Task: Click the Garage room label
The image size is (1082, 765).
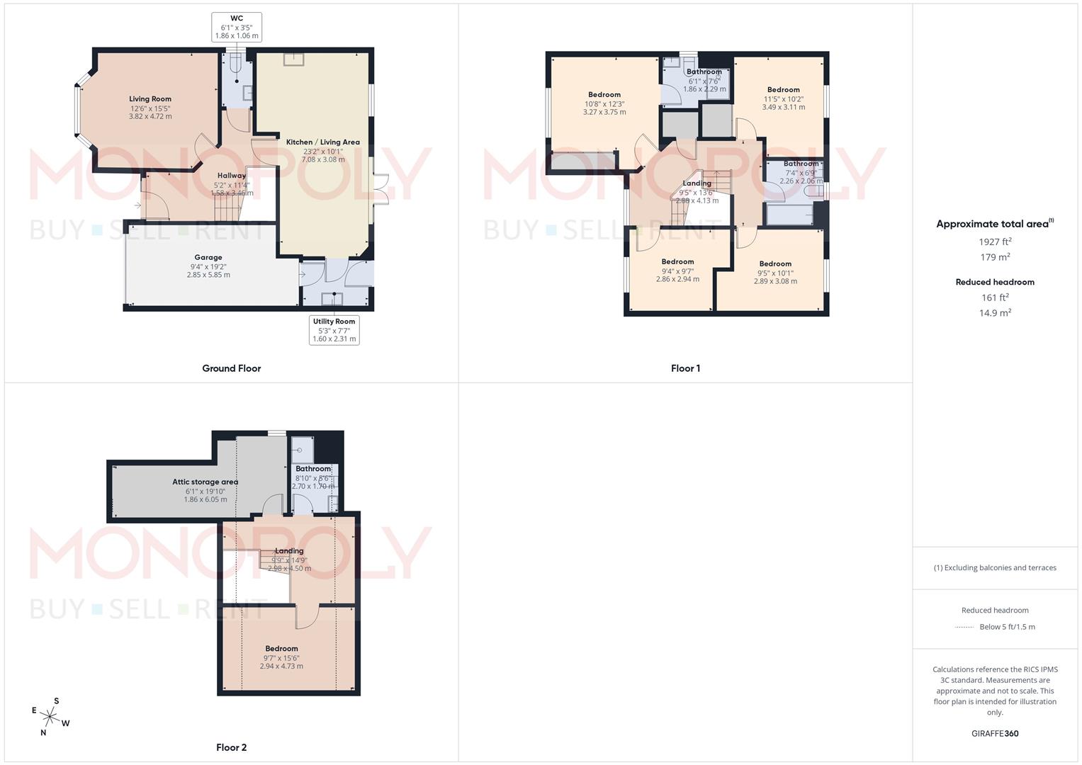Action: click(208, 258)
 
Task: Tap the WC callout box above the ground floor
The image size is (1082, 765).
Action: click(237, 27)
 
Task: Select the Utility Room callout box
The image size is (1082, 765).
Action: click(334, 330)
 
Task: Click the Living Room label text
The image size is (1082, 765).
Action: click(150, 99)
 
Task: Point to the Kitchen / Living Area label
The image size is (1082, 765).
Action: click(323, 142)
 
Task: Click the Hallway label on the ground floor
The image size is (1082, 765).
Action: click(232, 176)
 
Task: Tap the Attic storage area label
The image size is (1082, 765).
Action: click(205, 482)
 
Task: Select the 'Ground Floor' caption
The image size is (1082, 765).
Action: click(232, 368)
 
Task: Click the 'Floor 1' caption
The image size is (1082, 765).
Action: click(685, 368)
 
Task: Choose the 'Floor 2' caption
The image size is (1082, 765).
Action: click(232, 747)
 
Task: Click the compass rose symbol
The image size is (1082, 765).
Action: click(50, 717)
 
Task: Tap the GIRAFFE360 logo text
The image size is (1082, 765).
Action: click(995, 734)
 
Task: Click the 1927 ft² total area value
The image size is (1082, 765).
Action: click(995, 242)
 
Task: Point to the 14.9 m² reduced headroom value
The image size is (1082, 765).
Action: click(995, 313)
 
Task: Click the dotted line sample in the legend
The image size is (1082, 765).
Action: click(964, 627)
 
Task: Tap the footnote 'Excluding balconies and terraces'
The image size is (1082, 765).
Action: click(995, 567)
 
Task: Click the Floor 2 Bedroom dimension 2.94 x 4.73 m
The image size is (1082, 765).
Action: click(281, 667)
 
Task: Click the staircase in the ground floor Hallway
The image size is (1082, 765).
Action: click(228, 208)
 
